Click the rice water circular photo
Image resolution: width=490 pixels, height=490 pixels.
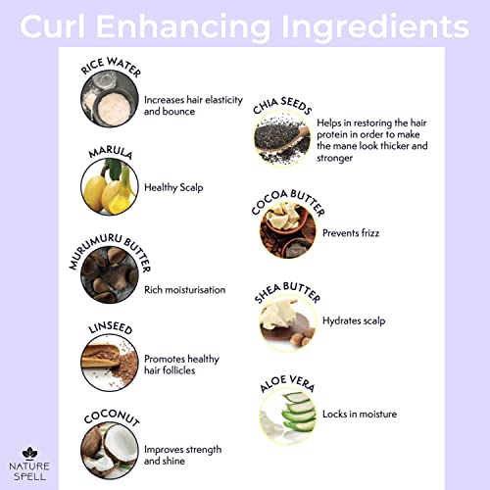(110, 98)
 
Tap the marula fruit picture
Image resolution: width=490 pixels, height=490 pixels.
(110, 186)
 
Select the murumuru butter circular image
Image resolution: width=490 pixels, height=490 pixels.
(110, 274)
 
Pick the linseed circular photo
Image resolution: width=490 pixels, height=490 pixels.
(110, 363)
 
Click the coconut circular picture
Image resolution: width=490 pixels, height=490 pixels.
(110, 451)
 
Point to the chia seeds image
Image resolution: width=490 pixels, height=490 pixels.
(282, 138)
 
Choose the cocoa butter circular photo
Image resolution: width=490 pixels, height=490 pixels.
(288, 230)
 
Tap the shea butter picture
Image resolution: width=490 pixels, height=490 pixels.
(288, 323)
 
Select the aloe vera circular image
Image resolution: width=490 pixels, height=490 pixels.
(288, 416)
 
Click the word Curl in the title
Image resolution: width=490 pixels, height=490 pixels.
(53, 26)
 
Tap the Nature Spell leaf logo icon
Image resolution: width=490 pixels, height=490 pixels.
(29, 453)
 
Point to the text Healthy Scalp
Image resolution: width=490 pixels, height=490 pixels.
(173, 187)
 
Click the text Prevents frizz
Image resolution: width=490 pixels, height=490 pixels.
(351, 233)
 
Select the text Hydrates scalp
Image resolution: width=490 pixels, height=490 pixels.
(354, 320)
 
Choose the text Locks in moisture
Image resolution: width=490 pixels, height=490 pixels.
(360, 414)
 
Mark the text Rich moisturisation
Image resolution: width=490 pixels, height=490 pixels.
(185, 290)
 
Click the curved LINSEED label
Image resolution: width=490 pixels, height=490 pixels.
(111, 327)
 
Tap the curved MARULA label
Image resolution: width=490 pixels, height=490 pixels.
(111, 152)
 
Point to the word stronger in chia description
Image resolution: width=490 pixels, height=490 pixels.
(334, 158)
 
